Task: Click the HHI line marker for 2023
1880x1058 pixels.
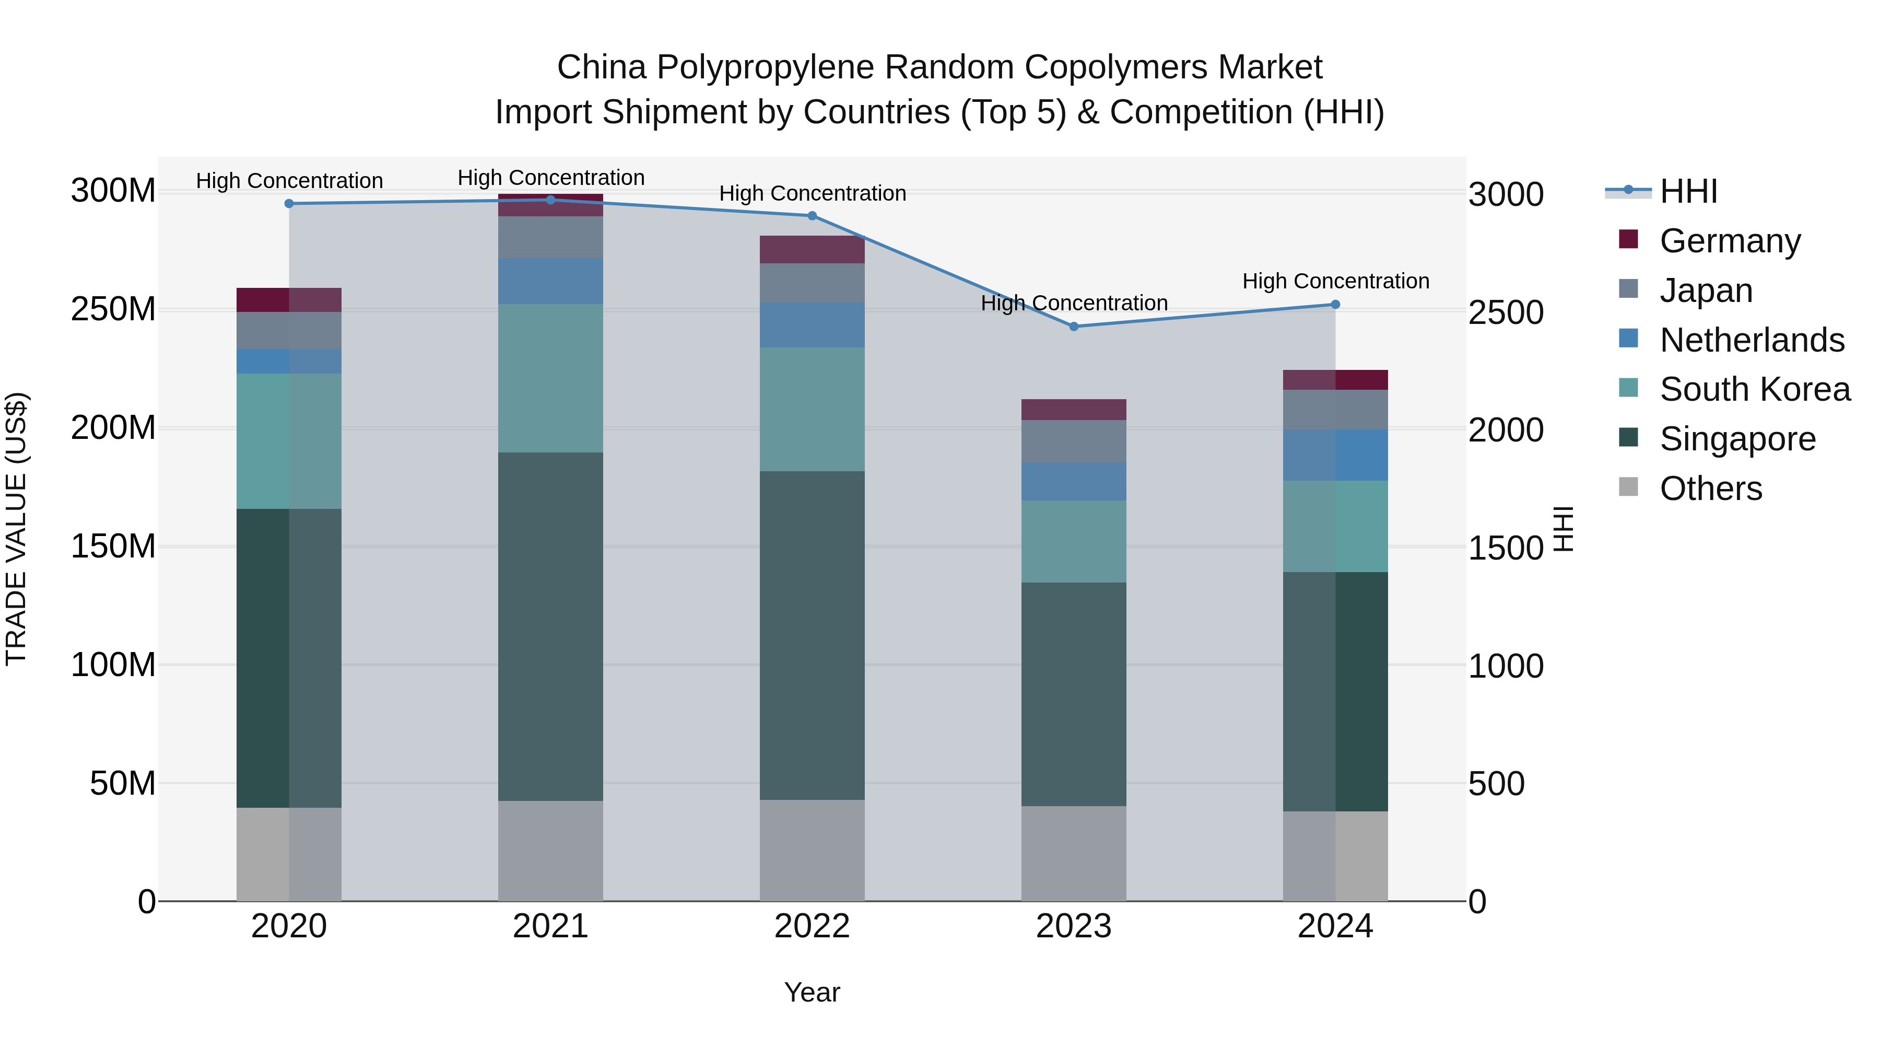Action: (x=1074, y=327)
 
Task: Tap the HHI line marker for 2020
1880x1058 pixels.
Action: (x=289, y=204)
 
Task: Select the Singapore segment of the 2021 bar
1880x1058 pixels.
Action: (x=550, y=626)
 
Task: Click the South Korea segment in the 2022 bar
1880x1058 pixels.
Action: (x=812, y=409)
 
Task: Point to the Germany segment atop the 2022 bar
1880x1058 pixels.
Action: (x=812, y=250)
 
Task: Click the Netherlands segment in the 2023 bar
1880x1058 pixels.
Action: (x=1074, y=481)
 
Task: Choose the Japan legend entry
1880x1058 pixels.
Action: (x=1705, y=290)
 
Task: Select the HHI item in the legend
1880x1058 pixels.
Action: (x=1687, y=192)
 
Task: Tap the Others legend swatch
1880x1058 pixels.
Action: (x=1628, y=487)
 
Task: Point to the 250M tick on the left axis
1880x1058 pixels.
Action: (x=113, y=310)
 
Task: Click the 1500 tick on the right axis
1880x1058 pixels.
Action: (x=1506, y=548)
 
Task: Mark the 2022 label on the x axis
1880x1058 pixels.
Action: (x=812, y=926)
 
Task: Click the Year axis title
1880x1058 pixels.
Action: (x=812, y=992)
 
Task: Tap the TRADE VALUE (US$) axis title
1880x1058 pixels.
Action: (x=16, y=529)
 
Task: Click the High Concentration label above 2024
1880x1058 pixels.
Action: (x=1335, y=281)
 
